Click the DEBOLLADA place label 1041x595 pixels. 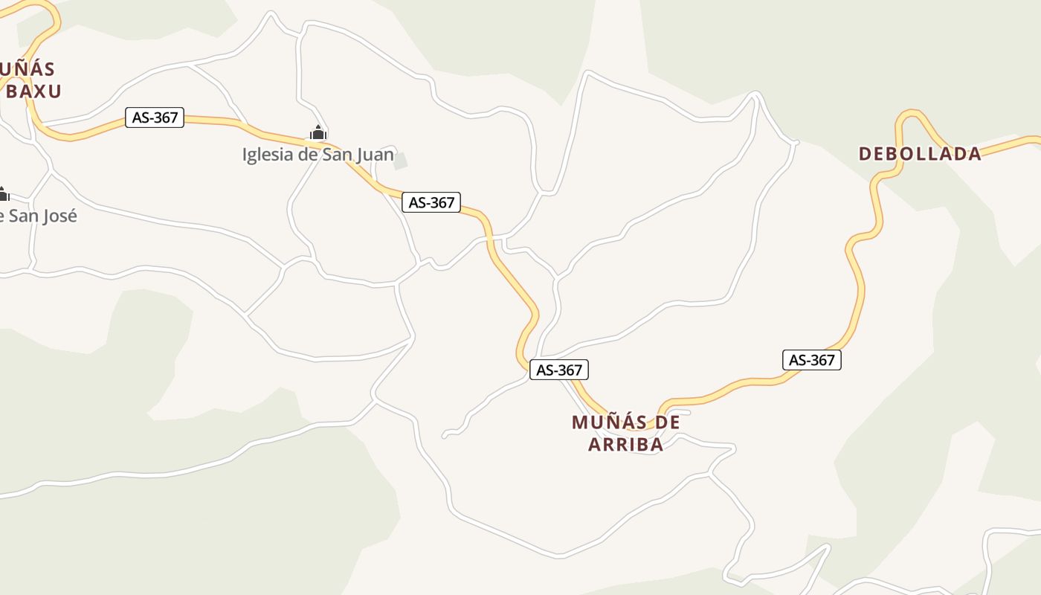coord(920,154)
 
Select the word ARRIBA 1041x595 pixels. coord(625,445)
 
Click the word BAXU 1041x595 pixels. coord(33,91)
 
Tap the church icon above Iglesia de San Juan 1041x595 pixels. coord(318,133)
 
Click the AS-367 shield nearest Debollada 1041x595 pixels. coord(811,360)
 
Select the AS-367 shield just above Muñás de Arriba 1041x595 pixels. coord(558,370)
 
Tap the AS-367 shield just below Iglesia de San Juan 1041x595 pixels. coord(431,202)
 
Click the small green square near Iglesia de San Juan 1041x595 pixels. coord(401,161)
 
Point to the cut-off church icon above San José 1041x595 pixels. coord(3,195)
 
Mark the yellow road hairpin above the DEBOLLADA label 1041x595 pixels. coord(911,115)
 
